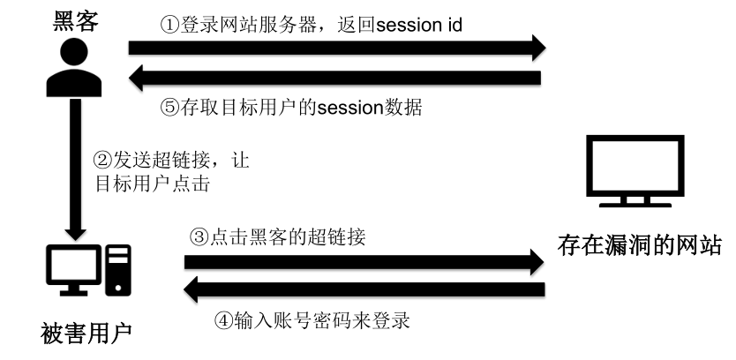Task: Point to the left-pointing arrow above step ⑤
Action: (335, 79)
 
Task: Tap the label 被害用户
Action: (86, 334)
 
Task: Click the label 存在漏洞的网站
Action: (640, 244)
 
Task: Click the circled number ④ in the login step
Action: (224, 319)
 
